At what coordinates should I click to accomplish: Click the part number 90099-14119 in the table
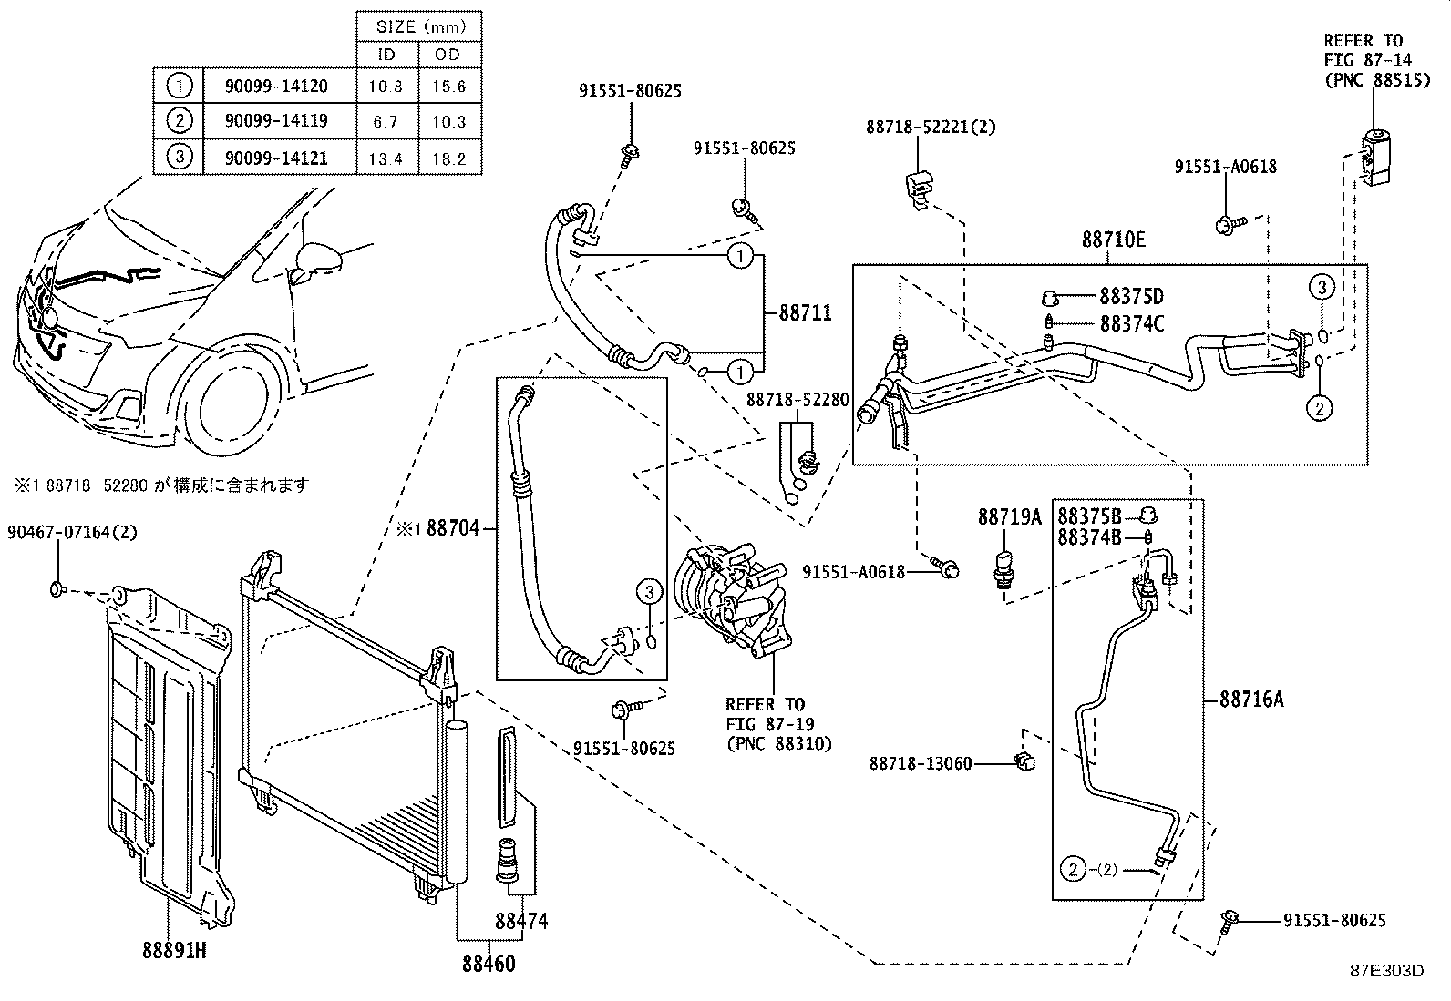(276, 120)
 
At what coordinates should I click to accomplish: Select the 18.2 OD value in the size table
(448, 158)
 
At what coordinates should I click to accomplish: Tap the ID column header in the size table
(386, 55)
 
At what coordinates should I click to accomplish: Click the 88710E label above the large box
(1114, 240)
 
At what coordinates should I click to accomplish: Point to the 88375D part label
(1131, 297)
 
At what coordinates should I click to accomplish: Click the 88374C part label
(1131, 323)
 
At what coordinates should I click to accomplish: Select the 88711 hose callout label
(805, 312)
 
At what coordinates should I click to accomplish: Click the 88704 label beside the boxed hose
(452, 527)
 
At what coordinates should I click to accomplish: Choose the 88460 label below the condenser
(488, 964)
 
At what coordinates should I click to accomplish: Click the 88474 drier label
(521, 921)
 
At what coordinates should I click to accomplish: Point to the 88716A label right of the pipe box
(1251, 700)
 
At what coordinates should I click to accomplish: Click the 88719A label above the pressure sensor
(1009, 516)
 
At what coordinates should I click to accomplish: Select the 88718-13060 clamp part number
(921, 763)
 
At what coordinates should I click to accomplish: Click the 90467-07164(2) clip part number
(72, 531)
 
